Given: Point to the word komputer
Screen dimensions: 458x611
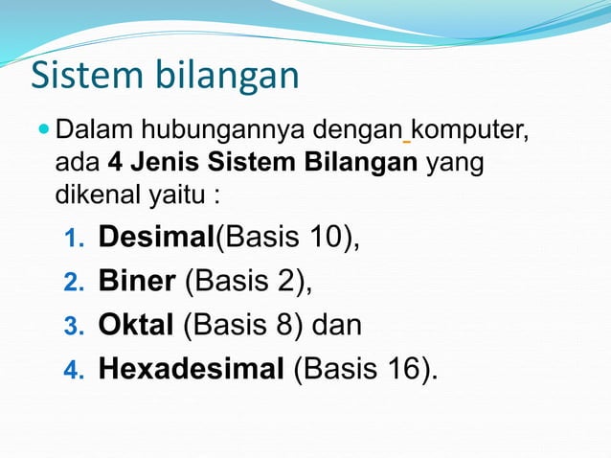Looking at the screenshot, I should point(469,127).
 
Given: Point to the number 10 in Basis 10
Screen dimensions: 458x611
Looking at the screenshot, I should point(328,237).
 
